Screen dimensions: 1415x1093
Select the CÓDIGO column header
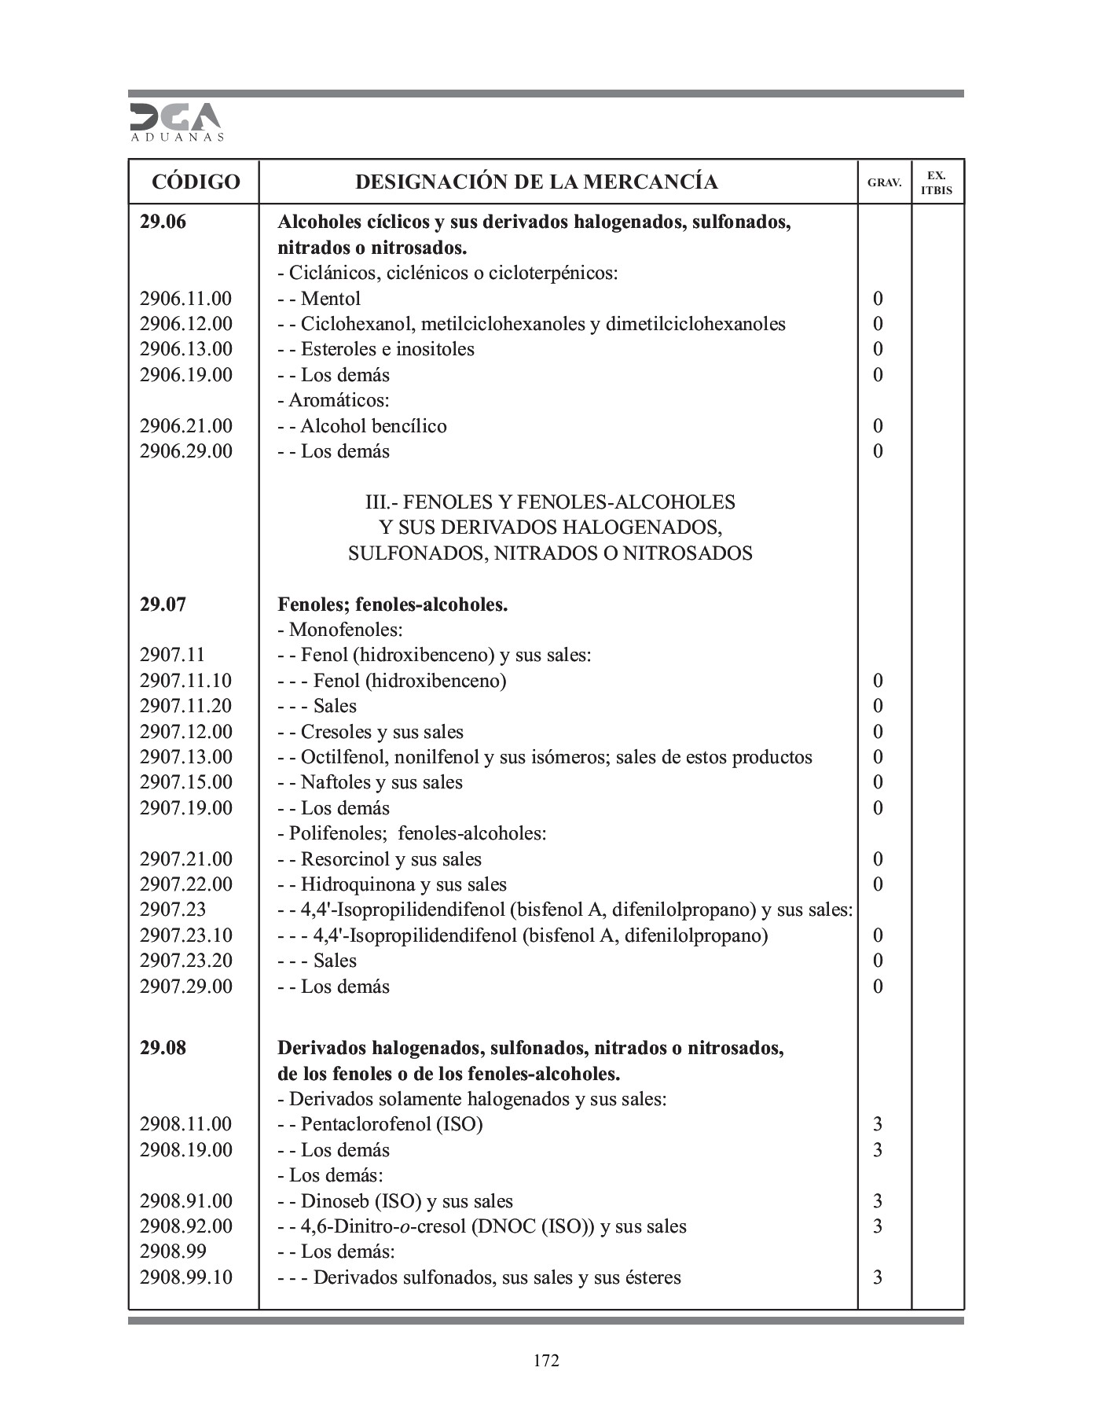click(x=195, y=182)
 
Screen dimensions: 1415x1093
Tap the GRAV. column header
click(x=884, y=182)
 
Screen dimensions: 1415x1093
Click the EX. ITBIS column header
click(x=937, y=182)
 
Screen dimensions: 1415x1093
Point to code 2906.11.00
click(x=186, y=299)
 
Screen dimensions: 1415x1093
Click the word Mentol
click(x=330, y=299)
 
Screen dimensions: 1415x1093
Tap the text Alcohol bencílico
click(x=373, y=426)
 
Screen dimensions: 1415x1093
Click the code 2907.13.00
click(x=186, y=757)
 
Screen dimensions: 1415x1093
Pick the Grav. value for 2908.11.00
click(x=878, y=1124)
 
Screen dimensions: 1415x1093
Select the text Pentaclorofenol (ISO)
click(x=391, y=1124)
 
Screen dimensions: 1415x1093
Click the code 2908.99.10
click(x=186, y=1277)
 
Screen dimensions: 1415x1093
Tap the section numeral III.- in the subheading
click(x=383, y=502)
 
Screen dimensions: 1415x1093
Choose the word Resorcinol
click(x=343, y=859)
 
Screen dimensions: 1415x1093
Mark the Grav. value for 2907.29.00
click(x=878, y=987)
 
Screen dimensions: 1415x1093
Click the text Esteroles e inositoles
click(x=387, y=349)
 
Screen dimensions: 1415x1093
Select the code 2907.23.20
click(x=186, y=961)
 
